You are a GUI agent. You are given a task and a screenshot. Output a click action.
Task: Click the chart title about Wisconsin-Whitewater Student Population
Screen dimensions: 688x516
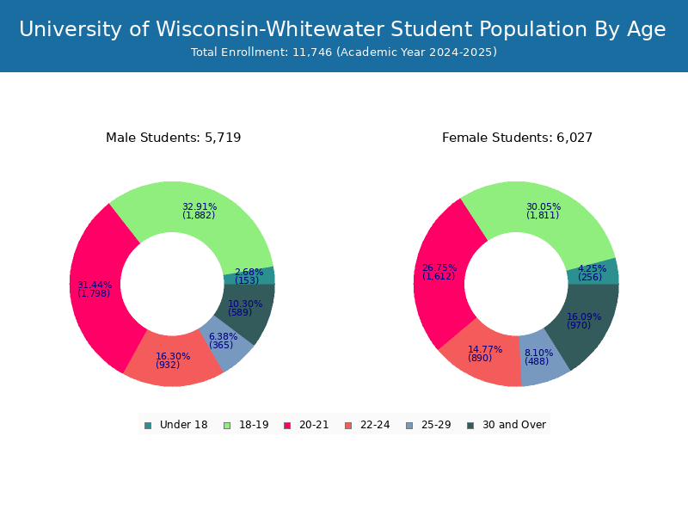point(342,29)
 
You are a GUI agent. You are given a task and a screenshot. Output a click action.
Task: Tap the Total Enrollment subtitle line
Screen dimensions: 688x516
point(344,52)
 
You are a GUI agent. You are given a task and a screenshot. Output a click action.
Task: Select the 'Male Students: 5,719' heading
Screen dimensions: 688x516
point(174,138)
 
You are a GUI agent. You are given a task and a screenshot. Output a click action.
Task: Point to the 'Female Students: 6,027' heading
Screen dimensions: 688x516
point(517,138)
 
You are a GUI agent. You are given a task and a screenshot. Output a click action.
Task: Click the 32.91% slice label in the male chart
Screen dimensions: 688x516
point(200,211)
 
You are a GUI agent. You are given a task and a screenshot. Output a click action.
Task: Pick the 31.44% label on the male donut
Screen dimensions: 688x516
point(95,289)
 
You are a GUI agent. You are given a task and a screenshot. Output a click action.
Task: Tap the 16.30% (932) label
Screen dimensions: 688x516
point(173,360)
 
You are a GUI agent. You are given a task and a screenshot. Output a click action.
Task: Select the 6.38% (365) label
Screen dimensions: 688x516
point(223,341)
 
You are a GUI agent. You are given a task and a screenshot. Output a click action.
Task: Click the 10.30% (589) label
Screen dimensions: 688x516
point(245,308)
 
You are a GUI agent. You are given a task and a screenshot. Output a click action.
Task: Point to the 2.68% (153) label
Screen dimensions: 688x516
point(249,276)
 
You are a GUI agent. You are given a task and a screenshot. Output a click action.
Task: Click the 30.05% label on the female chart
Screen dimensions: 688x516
point(544,211)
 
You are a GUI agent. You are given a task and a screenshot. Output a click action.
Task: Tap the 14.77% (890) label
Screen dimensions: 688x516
point(485,353)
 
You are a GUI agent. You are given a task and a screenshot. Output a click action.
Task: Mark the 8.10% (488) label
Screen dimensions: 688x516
point(538,357)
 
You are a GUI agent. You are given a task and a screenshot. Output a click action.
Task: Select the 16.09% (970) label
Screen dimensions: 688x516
point(584,321)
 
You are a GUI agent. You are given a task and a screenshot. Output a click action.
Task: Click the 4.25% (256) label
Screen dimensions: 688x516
point(592,273)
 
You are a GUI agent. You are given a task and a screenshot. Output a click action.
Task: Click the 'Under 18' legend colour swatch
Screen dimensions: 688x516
point(148,425)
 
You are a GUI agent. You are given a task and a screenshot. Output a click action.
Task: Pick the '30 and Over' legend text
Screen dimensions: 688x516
point(514,425)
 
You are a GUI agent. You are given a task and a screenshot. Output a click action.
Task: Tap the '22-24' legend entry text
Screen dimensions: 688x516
point(375,425)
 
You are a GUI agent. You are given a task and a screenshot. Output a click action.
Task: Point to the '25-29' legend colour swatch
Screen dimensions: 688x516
point(409,425)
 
